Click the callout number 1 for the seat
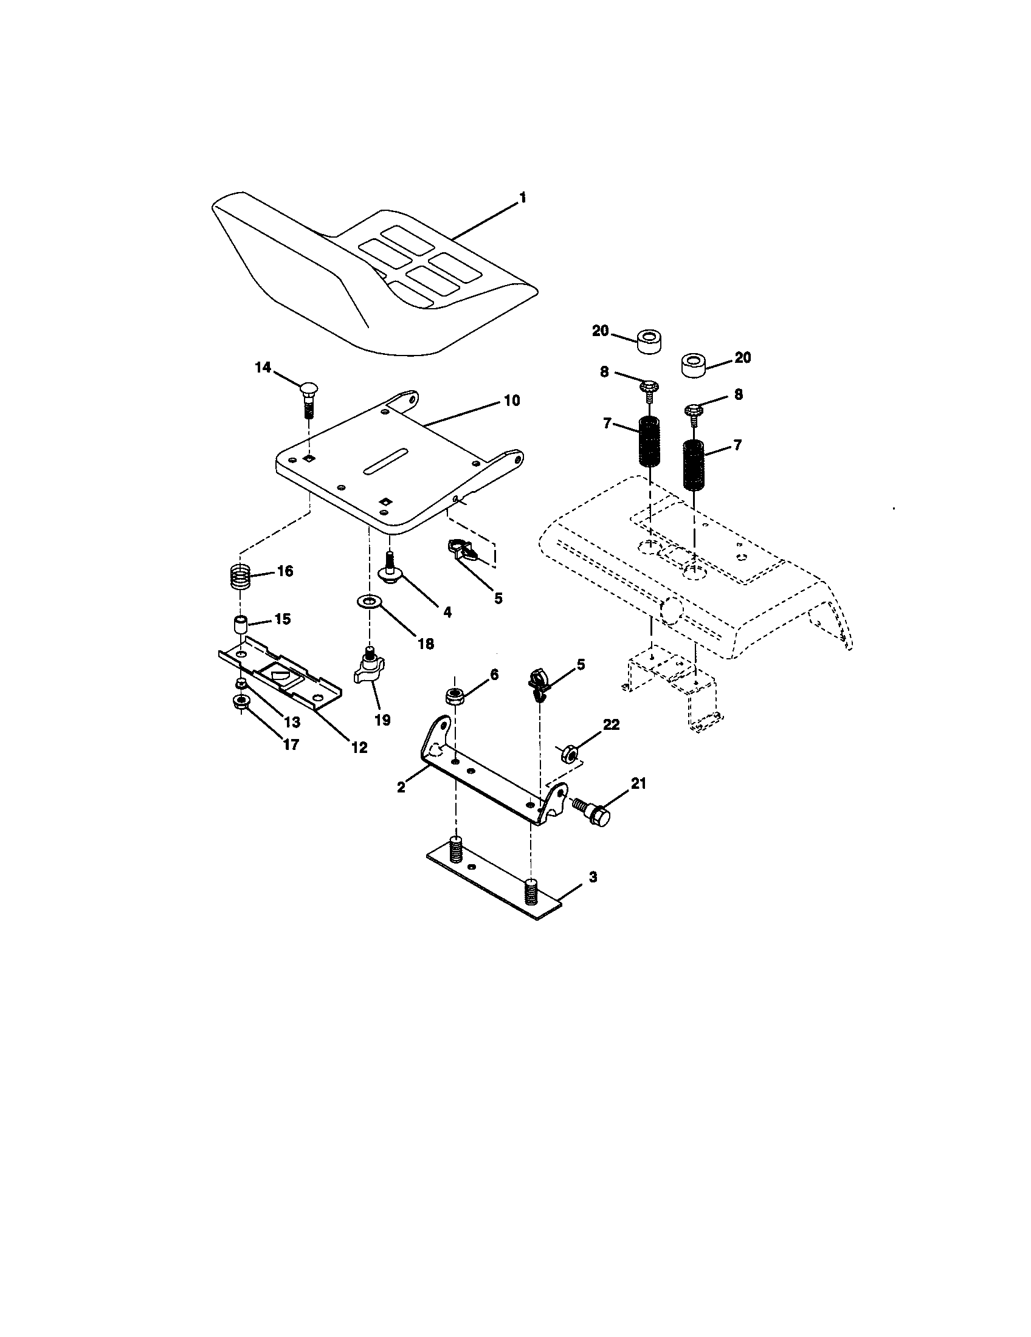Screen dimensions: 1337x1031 pos(522,198)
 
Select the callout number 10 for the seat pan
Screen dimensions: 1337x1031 pos(511,401)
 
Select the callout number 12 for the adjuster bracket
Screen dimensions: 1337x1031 pos(359,748)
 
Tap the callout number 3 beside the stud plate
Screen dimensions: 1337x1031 pos(592,877)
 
